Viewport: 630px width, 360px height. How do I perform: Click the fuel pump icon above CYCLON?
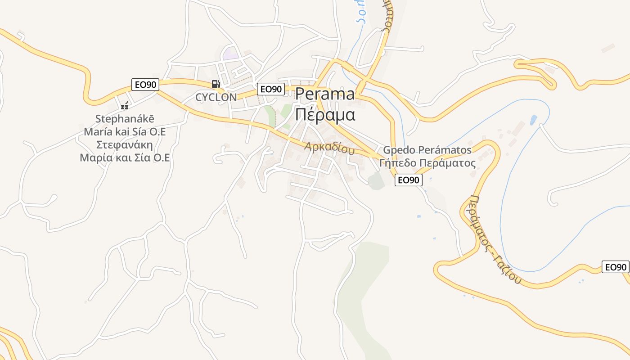pyautogui.click(x=216, y=84)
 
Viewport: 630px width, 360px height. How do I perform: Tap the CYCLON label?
pyautogui.click(x=216, y=97)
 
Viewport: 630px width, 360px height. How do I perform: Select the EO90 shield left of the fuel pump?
pyautogui.click(x=145, y=85)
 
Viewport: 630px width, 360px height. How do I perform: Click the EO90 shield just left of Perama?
pyautogui.click(x=271, y=89)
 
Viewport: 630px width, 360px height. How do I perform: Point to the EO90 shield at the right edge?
pyautogui.click(x=616, y=267)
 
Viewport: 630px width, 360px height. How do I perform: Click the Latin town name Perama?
pyautogui.click(x=325, y=94)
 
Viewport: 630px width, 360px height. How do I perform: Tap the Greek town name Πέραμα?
pyautogui.click(x=325, y=114)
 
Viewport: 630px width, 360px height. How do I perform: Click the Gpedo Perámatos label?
pyautogui.click(x=427, y=150)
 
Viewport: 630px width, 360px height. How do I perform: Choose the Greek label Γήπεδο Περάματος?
pyautogui.click(x=427, y=162)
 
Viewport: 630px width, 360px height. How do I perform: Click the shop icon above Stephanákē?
pyautogui.click(x=125, y=106)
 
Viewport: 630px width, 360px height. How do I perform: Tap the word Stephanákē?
pyautogui.click(x=125, y=119)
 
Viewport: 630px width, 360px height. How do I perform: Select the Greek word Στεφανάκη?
pyautogui.click(x=125, y=145)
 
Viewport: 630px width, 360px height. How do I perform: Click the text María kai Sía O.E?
pyautogui.click(x=125, y=132)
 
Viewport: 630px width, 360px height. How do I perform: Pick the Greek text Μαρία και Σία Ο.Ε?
pyautogui.click(x=125, y=158)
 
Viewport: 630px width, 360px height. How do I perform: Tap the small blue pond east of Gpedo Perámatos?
pyautogui.click(x=533, y=120)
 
